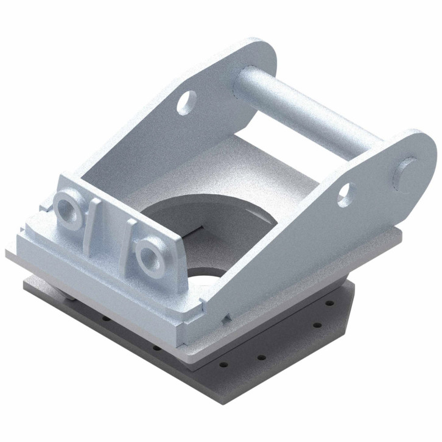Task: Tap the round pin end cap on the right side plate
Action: coord(409,171)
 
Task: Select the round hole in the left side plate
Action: coord(186,102)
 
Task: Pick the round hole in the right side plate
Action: coord(345,193)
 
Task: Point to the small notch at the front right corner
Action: coord(225,317)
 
